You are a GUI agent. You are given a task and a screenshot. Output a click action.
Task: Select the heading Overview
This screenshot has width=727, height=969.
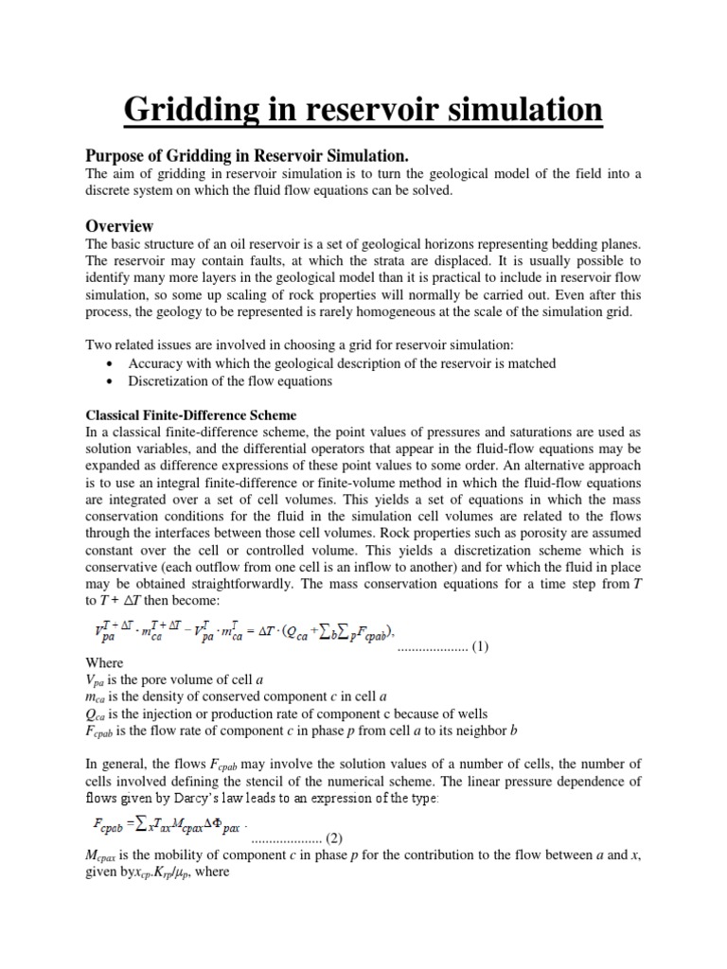point(119,226)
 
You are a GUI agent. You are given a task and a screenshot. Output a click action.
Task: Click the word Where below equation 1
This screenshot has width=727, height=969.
point(105,664)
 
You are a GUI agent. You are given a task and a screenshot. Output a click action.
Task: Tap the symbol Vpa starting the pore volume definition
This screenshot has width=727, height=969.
point(97,682)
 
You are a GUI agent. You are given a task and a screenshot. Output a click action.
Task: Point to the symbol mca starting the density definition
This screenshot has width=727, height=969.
point(98,700)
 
